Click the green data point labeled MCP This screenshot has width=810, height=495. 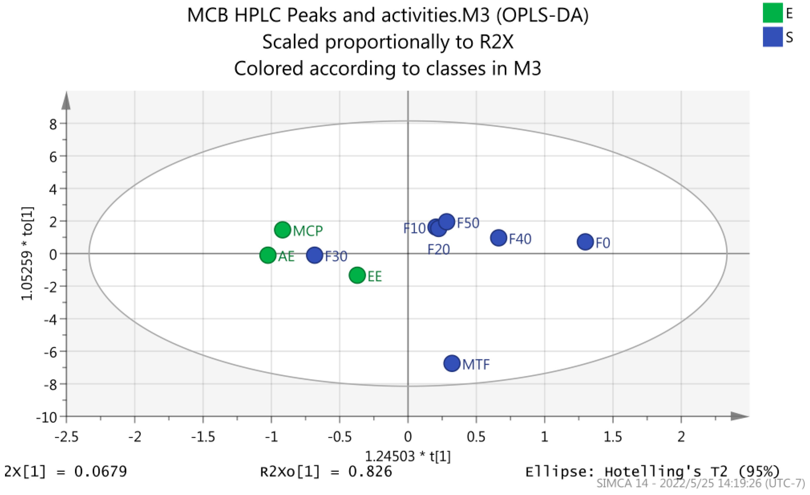pos(282,229)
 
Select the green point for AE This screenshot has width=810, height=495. pos(268,255)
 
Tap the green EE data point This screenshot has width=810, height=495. pos(357,275)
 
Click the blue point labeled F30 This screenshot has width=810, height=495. pos(315,255)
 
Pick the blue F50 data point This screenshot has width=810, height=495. pos(447,221)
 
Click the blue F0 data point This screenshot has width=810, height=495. pos(585,242)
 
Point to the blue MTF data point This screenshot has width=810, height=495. pos(452,363)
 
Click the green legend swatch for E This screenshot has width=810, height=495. pos(773,12)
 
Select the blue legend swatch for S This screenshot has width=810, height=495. pos(773,37)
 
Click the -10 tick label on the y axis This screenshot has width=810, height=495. pos(47,418)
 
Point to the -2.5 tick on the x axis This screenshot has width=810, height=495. pos(66,437)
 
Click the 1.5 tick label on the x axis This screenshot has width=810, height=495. pos(613,437)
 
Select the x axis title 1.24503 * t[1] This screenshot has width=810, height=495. pos(408,456)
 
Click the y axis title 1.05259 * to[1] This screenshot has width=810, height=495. pos(27,254)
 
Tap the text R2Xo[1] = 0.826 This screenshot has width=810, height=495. pos(326,472)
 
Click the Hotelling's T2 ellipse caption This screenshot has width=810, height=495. pos(652,472)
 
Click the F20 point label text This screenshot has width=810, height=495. pos(439,250)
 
